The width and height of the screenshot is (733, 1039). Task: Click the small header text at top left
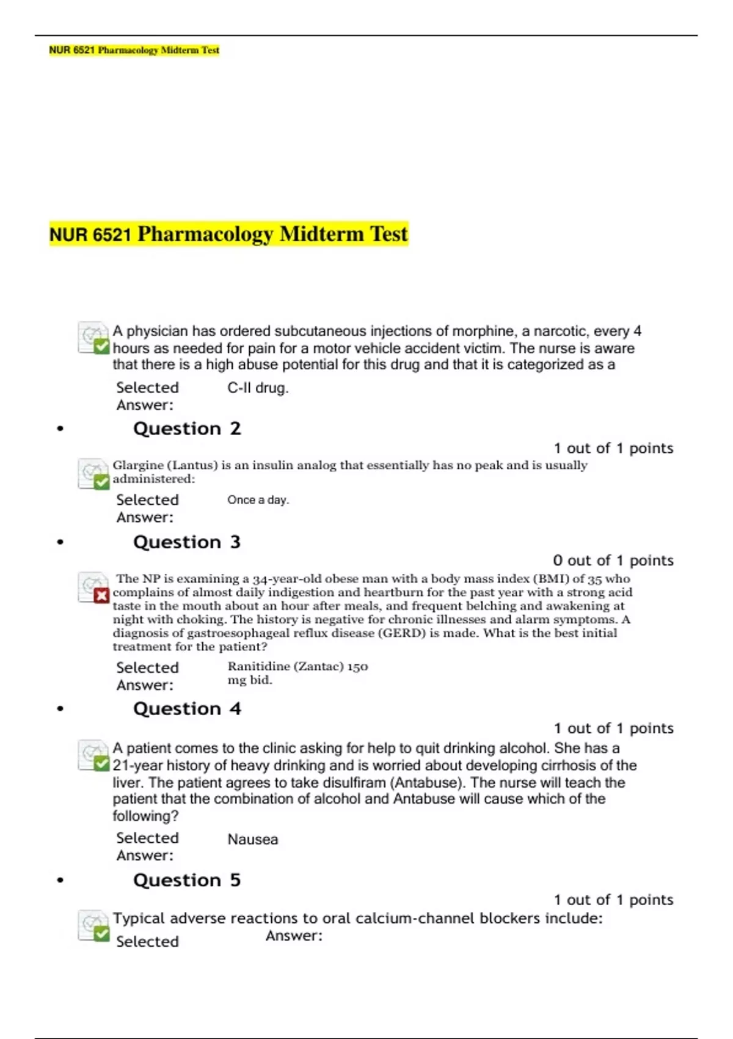coord(134,50)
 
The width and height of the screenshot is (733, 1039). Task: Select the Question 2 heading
coord(187,428)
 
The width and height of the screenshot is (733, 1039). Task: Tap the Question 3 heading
coord(187,542)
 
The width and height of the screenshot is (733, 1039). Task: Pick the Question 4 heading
coord(187,709)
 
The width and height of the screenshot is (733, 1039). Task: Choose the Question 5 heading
coord(187,880)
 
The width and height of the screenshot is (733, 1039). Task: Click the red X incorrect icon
coord(101,595)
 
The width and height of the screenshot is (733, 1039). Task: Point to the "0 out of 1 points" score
coord(613,560)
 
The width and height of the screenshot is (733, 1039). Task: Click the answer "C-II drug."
coord(258,388)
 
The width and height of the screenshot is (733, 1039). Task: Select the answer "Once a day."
coord(258,500)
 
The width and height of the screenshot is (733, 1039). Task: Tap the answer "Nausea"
coord(253,840)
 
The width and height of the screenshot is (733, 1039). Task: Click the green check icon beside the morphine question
coord(101,347)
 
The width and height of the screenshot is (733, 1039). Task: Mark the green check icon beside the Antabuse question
coord(101,763)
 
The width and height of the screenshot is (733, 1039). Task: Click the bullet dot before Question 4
coord(60,709)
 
